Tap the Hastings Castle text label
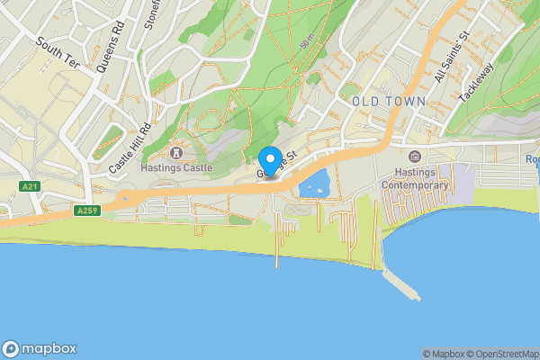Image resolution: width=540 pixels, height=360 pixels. (176, 167)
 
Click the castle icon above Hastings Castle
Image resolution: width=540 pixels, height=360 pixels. (175, 152)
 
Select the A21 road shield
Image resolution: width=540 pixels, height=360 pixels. (30, 185)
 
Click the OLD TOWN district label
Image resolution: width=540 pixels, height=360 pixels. (389, 102)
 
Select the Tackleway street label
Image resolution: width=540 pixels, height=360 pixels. (476, 84)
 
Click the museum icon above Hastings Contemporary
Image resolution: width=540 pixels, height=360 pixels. (415, 157)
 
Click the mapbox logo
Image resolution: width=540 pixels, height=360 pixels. (40, 348)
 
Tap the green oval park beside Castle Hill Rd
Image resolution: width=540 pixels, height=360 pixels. (107, 141)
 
